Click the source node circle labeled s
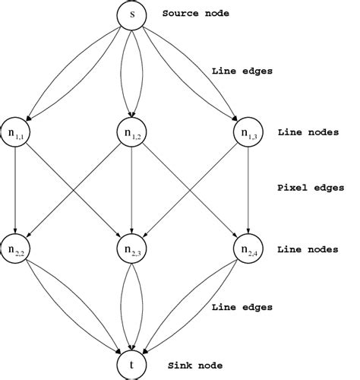133,15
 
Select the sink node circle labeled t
133,365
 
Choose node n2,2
16,249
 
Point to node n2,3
133,249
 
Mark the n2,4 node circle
249,249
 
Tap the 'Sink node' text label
190,366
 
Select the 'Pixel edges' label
311,187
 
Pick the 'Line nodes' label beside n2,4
308,249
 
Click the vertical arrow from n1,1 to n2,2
16,190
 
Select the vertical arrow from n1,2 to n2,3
133,190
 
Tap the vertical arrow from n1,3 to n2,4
249,190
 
